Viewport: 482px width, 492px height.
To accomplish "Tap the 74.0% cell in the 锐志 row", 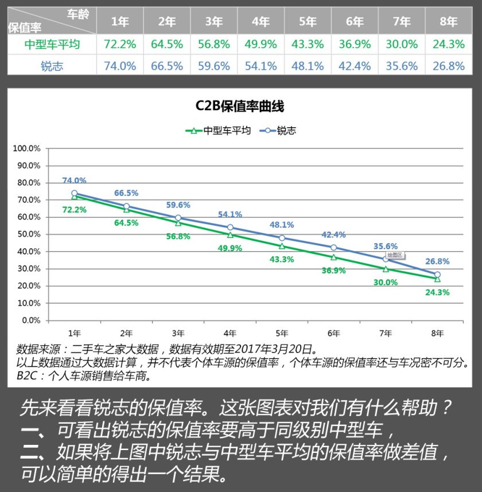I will pos(120,66).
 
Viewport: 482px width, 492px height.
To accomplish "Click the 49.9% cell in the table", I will pos(261,44).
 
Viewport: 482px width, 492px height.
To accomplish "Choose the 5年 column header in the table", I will pos(308,22).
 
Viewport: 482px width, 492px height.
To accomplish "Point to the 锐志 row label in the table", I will pos(52,66).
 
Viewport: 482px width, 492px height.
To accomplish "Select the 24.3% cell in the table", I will pos(449,44).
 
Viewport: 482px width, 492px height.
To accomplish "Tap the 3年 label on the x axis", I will pos(178,333).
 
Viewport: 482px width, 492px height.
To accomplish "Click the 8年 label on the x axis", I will pos(437,333).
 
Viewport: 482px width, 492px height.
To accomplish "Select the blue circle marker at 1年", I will pos(74,193).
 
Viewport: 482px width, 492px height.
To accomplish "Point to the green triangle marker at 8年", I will pos(437,279).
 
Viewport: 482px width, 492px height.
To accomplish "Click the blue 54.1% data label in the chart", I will pos(230,214).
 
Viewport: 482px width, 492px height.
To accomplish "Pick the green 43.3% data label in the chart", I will pos(282,259).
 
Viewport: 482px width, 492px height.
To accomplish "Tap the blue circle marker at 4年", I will pos(230,228).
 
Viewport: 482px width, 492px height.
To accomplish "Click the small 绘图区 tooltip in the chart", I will pos(396,254).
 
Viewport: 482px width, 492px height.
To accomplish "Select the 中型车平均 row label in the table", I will pos(52,44).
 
